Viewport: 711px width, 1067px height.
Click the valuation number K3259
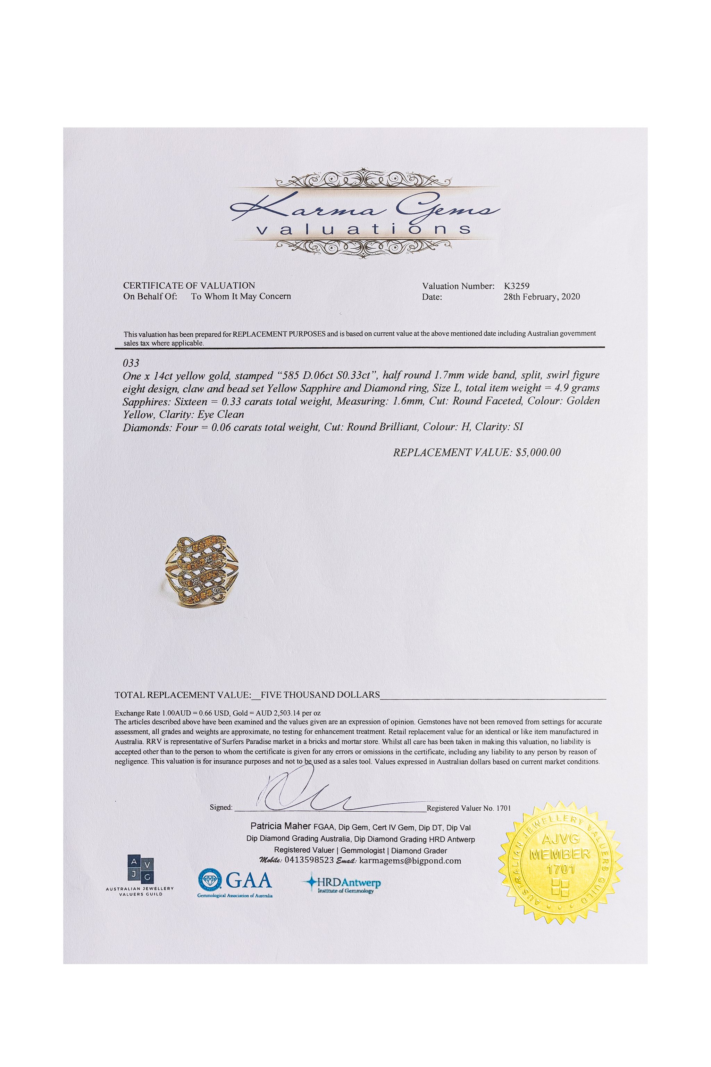point(517,286)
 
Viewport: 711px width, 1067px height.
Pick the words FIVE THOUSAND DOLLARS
point(320,695)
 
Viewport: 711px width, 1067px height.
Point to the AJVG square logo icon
point(140,870)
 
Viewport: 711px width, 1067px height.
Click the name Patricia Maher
point(281,826)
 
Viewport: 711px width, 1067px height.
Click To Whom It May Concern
point(241,296)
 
